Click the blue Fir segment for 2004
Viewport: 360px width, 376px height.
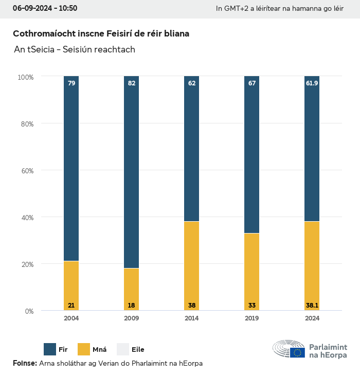click(x=71, y=170)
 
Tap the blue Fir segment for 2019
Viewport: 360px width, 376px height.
click(x=252, y=154)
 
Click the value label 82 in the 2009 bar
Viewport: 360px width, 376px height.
click(x=132, y=83)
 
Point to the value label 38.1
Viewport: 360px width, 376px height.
click(x=312, y=306)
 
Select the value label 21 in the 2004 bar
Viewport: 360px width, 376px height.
click(x=71, y=306)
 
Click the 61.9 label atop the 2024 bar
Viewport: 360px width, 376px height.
click(x=312, y=83)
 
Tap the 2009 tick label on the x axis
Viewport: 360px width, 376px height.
click(x=132, y=318)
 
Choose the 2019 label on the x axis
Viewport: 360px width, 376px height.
click(x=252, y=318)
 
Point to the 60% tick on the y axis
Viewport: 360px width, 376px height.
click(x=26, y=170)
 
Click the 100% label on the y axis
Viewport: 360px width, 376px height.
click(x=25, y=77)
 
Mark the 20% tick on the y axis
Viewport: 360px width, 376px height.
click(x=26, y=264)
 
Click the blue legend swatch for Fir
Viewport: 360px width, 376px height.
click(x=50, y=349)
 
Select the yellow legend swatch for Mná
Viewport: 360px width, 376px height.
click(x=83, y=349)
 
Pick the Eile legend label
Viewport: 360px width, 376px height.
click(x=138, y=350)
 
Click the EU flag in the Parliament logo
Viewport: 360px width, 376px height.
click(x=297, y=353)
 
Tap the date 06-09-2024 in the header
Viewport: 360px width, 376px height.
click(x=31, y=8)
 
